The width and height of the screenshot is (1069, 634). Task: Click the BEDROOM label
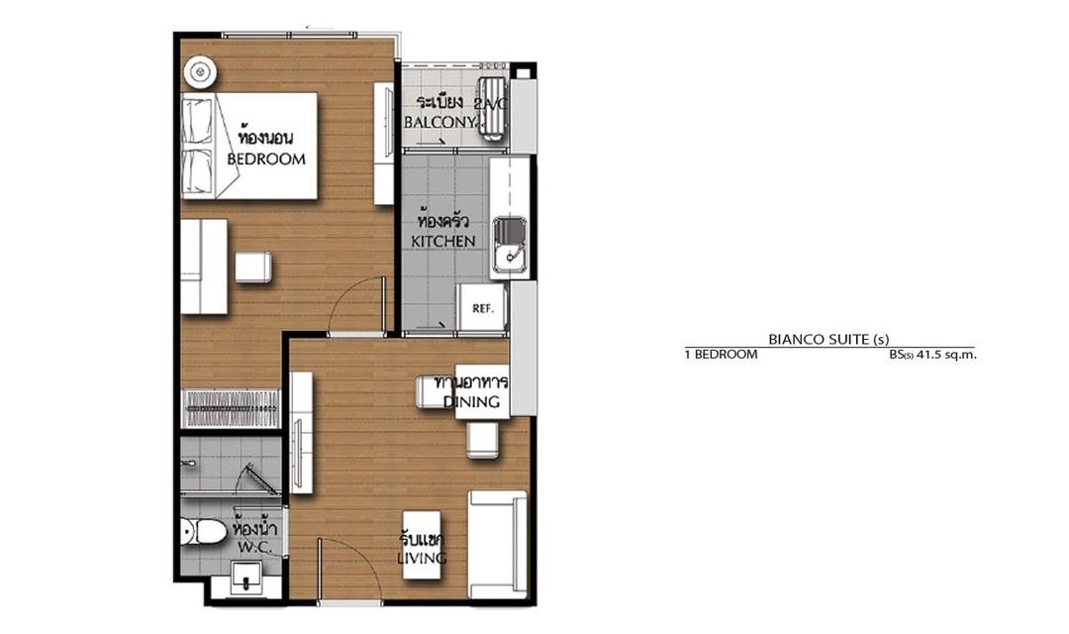[x=266, y=159]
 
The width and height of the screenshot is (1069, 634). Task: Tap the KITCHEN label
[x=443, y=241]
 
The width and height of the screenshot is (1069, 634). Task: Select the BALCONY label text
[x=439, y=122]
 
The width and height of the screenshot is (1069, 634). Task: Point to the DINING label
[x=471, y=401]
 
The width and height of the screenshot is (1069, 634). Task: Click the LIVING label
[x=422, y=559]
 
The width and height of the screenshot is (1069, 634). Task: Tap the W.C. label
[x=255, y=548]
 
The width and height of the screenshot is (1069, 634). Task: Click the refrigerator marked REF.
[x=482, y=308]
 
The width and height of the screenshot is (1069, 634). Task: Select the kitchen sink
[x=510, y=245]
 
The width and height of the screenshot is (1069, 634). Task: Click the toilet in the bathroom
[x=203, y=532]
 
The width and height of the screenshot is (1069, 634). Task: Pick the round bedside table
[x=200, y=71]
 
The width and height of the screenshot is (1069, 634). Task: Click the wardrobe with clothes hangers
[x=231, y=408]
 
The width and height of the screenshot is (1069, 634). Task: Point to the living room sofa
[x=498, y=544]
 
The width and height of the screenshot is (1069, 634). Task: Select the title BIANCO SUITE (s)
[x=828, y=339]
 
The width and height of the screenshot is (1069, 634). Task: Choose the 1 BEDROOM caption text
[x=721, y=355]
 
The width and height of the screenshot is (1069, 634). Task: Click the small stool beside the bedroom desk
[x=253, y=266]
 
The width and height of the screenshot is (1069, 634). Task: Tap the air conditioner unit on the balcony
[x=492, y=107]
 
